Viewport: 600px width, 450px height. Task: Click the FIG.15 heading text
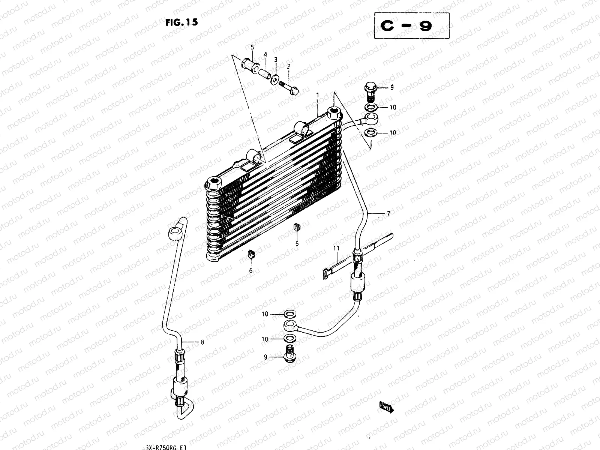[181, 22]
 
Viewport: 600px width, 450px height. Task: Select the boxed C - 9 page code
[411, 27]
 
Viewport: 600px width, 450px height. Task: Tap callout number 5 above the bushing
[252, 47]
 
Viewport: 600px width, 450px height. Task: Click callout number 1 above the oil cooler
[318, 95]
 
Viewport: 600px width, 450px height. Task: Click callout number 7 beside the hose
[388, 214]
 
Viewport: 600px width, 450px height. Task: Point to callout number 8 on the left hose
[202, 342]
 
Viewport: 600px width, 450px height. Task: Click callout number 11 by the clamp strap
[336, 248]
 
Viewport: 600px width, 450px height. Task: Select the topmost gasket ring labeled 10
[371, 108]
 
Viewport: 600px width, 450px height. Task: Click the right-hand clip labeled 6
[296, 228]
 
